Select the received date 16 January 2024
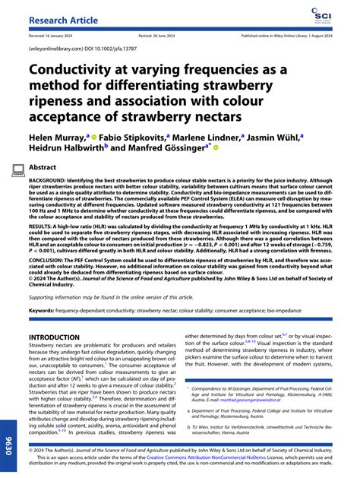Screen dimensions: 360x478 57,35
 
